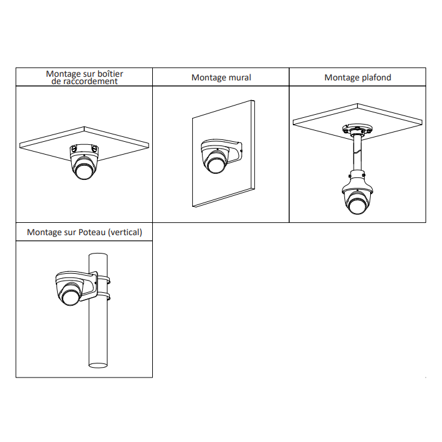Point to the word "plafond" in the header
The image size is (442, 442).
pyautogui.click(x=376, y=77)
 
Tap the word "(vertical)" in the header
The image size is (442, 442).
pyautogui.click(x=125, y=232)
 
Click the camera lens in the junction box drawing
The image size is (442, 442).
pyautogui.click(x=83, y=171)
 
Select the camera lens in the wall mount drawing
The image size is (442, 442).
pyautogui.click(x=216, y=165)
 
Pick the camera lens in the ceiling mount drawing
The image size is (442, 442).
pyautogui.click(x=357, y=205)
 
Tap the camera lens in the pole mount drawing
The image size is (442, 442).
pyautogui.click(x=71, y=297)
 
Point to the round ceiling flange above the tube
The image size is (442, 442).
pyautogui.click(x=357, y=130)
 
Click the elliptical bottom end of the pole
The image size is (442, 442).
pyautogui.click(x=98, y=365)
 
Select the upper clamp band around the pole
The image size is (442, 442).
pyautogui.click(x=103, y=280)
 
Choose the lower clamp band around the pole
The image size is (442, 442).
pyautogui.click(x=103, y=296)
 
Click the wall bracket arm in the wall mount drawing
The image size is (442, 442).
pyautogui.click(x=234, y=152)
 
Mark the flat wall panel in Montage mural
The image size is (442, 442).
pyautogui.click(x=223, y=153)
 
